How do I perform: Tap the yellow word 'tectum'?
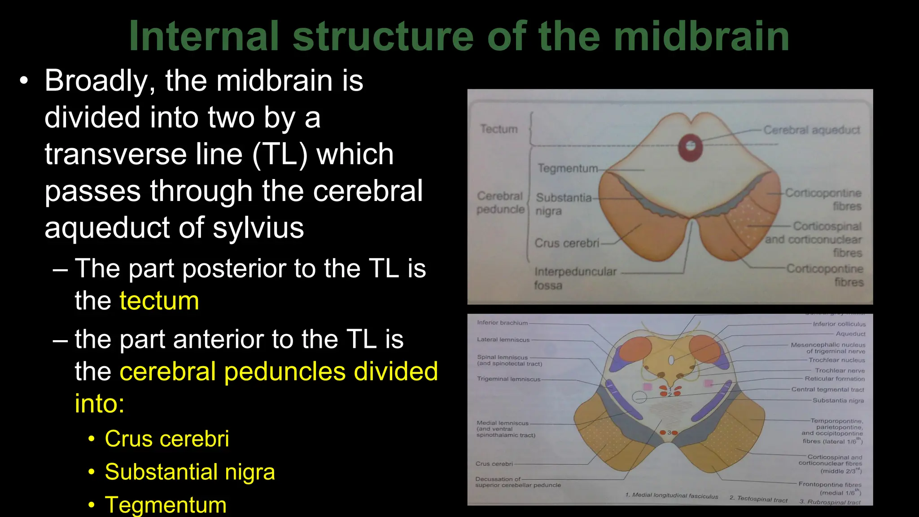(159, 301)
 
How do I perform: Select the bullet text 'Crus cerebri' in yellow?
(166, 438)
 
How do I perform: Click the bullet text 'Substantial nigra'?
(189, 472)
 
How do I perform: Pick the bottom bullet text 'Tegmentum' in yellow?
(166, 504)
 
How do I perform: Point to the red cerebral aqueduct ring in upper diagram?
(690, 146)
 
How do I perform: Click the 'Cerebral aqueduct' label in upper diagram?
(811, 130)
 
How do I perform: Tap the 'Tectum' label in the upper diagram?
(499, 129)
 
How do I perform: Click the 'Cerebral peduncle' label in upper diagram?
(500, 203)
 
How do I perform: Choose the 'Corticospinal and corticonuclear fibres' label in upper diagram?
(814, 239)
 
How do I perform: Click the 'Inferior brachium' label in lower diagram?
(502, 323)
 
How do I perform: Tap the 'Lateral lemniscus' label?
(503, 340)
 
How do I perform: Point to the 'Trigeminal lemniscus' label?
(508, 379)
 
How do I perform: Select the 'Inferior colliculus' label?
(839, 324)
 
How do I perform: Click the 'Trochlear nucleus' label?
(836, 360)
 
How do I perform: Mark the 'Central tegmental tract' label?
(827, 390)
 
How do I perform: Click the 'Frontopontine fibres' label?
(830, 485)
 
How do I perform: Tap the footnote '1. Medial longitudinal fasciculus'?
(671, 495)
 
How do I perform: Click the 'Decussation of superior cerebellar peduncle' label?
(518, 482)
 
